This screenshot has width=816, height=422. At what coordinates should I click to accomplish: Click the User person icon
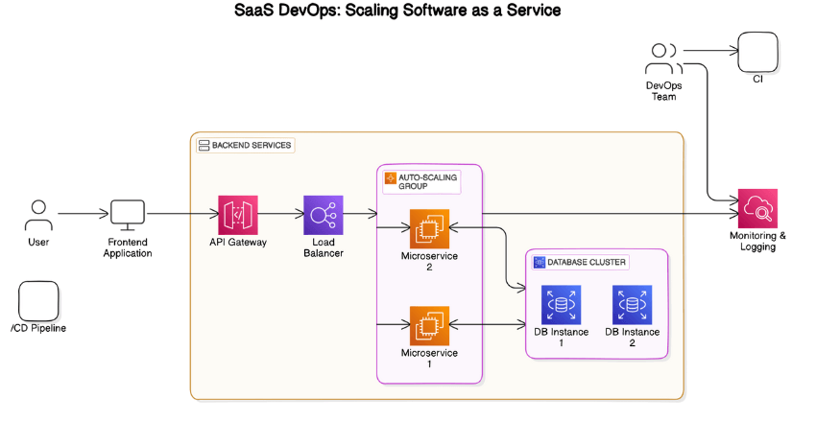38,214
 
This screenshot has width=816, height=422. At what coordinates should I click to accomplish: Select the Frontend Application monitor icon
128,214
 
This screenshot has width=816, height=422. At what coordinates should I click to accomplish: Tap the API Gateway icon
237,215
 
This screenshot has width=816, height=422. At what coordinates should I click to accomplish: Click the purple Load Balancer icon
323,215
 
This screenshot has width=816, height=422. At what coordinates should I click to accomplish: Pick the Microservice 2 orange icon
429,228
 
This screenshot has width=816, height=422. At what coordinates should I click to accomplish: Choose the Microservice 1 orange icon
429,325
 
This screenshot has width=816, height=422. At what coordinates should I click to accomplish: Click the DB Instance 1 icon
561,304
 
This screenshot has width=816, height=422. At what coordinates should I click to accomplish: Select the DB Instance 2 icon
632,304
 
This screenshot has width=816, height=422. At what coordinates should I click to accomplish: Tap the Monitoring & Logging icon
756,208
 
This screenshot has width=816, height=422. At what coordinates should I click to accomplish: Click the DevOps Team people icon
662,59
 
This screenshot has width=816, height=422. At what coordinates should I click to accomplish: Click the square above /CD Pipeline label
38,300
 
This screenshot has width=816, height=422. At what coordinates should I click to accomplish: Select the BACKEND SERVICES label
245,145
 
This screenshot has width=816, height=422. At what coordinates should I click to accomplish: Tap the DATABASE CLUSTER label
580,262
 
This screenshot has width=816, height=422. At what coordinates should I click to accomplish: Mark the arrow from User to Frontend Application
83,214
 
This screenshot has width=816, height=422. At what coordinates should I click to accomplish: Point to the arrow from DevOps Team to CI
708,50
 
